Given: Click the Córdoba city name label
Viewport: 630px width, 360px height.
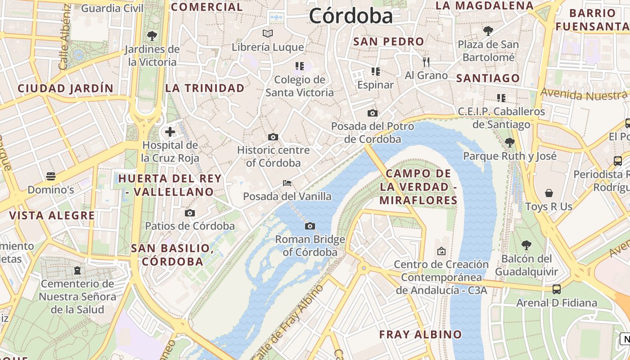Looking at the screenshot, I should [x=351, y=16].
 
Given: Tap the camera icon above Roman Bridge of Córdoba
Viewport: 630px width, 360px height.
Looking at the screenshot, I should [x=310, y=226].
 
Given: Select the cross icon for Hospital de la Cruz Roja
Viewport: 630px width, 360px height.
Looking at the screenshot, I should [x=170, y=132].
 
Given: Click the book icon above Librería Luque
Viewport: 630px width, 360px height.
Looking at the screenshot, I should [x=268, y=33].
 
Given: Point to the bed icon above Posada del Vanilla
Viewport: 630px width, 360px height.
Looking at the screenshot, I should [x=287, y=183].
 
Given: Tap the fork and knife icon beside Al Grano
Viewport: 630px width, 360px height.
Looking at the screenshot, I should [x=426, y=62].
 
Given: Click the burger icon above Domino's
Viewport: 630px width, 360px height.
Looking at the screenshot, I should [x=50, y=176].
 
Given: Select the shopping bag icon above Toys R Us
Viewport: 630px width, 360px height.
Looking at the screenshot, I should [x=549, y=193].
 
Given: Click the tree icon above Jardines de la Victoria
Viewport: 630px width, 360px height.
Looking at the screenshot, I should [x=152, y=36].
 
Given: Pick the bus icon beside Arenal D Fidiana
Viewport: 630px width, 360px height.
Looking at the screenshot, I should [x=557, y=289].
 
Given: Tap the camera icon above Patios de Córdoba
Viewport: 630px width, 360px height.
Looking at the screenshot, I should [x=190, y=213].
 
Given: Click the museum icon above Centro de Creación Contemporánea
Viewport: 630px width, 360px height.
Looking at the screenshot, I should [x=441, y=251].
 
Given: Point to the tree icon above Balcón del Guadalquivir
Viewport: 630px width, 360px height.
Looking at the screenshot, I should [x=526, y=245].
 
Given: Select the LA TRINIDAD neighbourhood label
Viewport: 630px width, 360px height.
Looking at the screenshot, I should [x=205, y=88].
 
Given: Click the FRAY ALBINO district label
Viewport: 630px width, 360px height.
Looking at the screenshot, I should [x=420, y=334].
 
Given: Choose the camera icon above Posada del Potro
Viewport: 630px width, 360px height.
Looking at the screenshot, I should [x=372, y=113].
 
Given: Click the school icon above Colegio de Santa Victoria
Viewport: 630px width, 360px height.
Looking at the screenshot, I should [x=300, y=66].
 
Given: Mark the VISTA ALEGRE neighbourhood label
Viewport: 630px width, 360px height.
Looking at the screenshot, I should [x=52, y=216].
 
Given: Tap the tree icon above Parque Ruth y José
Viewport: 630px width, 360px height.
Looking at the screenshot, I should [x=509, y=143].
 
